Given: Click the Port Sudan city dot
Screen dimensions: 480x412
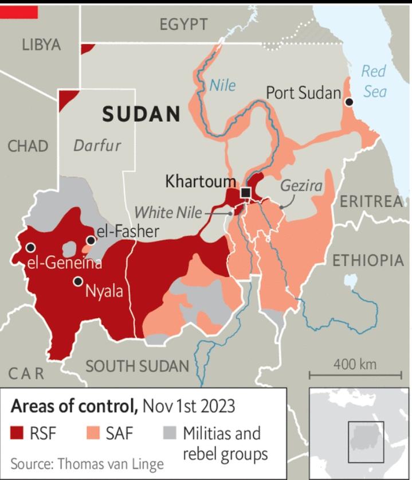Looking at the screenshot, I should (x=348, y=102).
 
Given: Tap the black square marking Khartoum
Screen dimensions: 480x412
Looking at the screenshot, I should (x=246, y=193).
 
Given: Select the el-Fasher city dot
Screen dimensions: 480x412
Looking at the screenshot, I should (x=91, y=240).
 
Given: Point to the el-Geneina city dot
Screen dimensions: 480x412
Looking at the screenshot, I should (x=30, y=247).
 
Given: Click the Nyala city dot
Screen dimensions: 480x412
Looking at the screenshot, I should (x=77, y=282).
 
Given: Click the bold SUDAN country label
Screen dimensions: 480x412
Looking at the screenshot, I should (x=141, y=114).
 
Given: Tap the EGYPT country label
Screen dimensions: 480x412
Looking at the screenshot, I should (x=183, y=24).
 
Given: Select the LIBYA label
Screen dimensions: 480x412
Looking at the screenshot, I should (x=41, y=45).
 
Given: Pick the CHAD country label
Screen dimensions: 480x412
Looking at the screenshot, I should (x=28, y=146).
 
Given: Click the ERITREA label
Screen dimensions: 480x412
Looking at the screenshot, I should (x=371, y=201).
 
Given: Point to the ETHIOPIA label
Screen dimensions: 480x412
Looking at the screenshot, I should (x=368, y=260).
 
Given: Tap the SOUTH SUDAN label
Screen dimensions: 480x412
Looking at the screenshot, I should (x=137, y=365).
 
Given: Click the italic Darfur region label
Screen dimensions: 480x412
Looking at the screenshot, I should (x=97, y=145).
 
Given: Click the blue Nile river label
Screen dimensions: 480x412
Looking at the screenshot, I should (x=222, y=85).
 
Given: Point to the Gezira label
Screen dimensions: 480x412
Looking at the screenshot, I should (x=301, y=186).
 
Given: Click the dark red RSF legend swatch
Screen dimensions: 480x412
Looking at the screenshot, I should (x=18, y=433).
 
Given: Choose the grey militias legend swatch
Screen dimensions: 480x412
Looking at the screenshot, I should (x=169, y=433).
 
